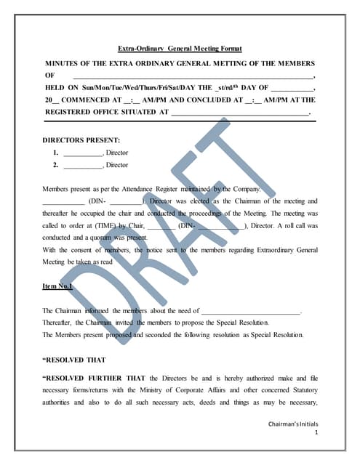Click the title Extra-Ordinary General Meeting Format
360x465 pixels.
180,49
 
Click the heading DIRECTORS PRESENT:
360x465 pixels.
81,139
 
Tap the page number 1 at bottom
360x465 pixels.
316,432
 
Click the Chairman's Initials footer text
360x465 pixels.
293,423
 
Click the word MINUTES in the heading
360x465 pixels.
63,63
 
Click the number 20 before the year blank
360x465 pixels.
49,100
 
